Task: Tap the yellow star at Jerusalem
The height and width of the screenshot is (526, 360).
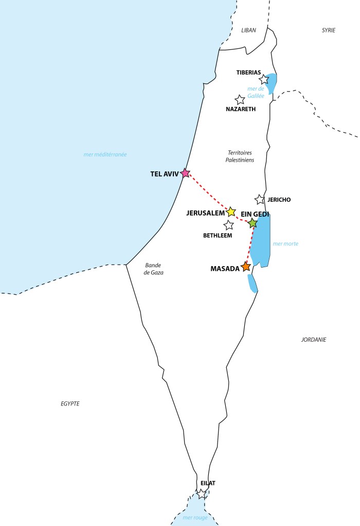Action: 231,212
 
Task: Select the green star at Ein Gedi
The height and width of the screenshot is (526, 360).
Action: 253,223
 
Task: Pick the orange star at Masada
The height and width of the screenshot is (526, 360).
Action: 246,267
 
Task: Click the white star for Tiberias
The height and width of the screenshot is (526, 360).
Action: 264,79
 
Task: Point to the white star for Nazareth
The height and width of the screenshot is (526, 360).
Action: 240,100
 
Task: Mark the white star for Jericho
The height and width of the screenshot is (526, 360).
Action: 260,200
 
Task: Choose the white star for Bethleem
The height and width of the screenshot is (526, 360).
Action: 229,225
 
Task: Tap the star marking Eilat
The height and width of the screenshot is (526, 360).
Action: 202,494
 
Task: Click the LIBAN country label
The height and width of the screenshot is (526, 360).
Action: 249,30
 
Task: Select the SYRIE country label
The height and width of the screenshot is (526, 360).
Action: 329,30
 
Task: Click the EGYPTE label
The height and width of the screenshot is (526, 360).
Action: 70,404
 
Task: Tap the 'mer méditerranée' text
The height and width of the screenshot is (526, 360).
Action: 105,154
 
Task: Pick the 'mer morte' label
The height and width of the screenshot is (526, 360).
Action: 286,243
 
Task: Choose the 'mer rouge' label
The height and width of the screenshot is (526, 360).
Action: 195,517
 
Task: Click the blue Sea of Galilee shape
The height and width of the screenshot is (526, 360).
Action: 272,82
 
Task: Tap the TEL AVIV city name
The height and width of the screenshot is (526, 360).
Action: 164,174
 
